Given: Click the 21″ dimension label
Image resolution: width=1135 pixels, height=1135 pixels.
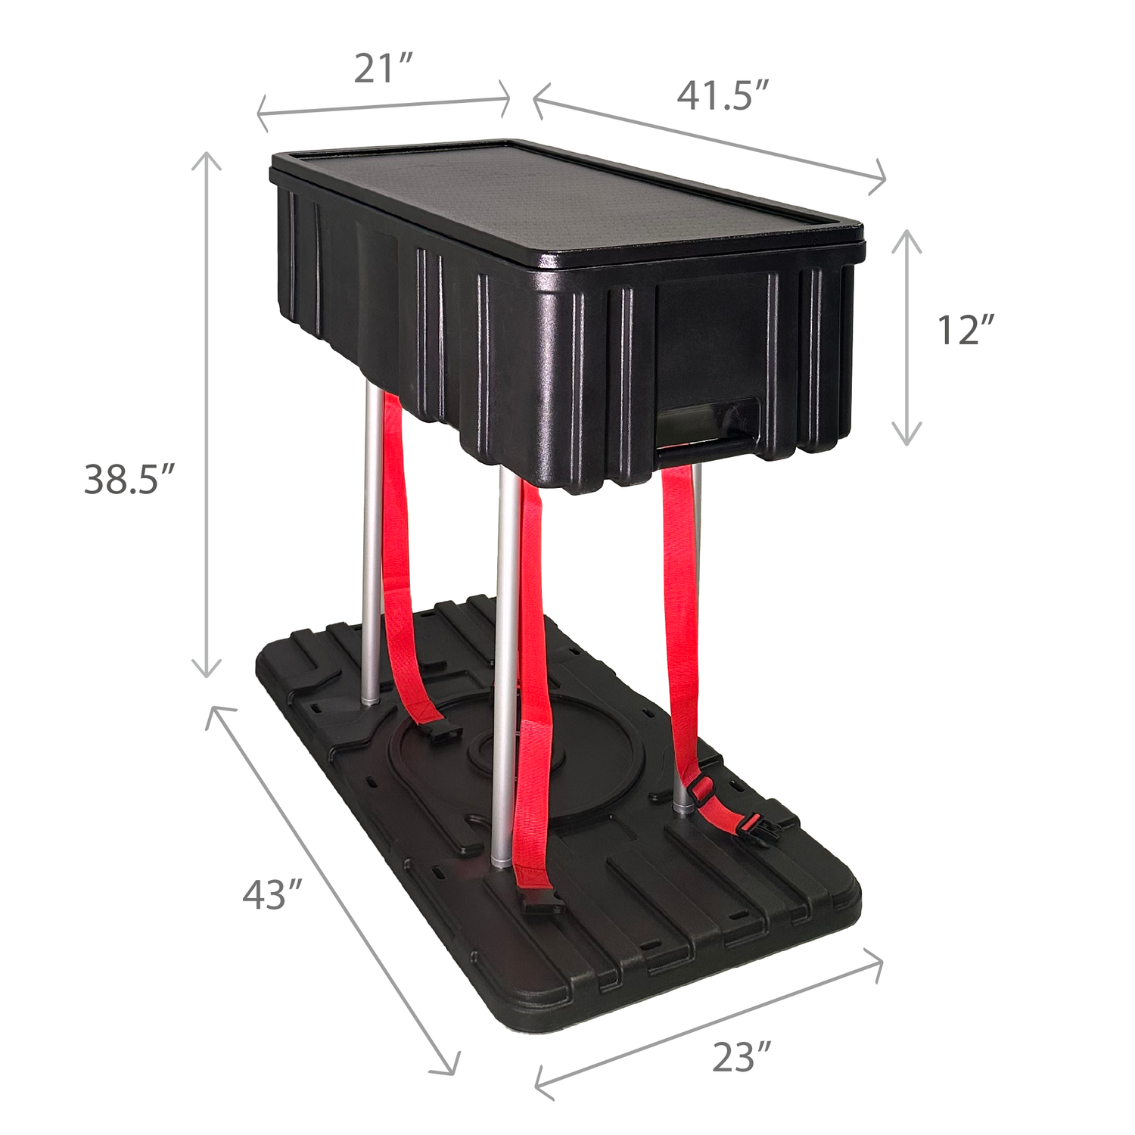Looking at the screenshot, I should pos(384,70).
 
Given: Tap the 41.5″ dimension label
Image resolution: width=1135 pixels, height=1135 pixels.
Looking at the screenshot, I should pos(723,96).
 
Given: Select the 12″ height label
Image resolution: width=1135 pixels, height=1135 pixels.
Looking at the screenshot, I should pos(965,330).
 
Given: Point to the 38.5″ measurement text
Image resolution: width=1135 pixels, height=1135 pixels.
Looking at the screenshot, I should pos(129,479).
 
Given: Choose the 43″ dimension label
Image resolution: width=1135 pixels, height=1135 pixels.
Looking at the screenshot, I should pos(272,894).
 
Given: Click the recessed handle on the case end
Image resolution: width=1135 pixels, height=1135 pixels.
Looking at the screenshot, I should pos(707,428).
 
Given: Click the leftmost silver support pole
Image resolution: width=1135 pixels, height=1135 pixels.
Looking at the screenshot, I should pos(371,545).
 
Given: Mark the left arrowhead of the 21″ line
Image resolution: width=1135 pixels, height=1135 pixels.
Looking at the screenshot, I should pos(263,113).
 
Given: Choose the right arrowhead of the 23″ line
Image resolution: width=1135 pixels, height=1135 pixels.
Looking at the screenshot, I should pos(876,963).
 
